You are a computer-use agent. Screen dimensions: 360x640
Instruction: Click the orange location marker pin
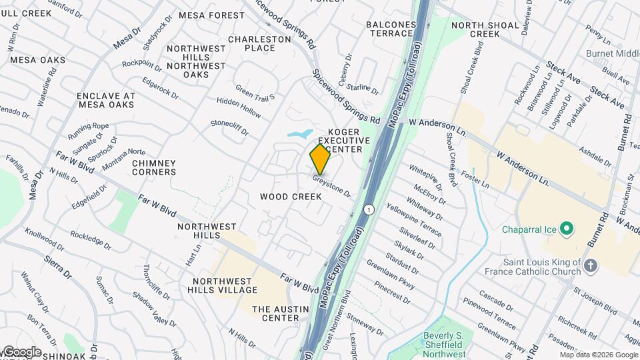tap(320, 159)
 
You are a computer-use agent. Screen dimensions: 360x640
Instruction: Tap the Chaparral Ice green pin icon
tap(567, 230)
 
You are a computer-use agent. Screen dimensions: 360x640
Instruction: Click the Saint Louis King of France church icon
tap(590, 267)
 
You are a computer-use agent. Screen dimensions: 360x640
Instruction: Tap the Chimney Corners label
tap(154, 167)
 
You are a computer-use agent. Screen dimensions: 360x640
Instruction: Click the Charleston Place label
tap(260, 43)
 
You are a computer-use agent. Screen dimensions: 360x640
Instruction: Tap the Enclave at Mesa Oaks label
tap(107, 100)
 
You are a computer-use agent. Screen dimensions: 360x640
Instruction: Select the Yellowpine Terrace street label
tap(417, 221)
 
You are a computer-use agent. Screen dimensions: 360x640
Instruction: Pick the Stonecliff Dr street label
tap(229, 128)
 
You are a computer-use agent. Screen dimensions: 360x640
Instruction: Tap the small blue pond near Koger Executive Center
tap(300, 133)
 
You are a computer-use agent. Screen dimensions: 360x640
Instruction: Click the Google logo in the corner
tap(22, 351)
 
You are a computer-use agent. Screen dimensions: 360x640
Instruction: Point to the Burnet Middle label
tap(613, 53)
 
